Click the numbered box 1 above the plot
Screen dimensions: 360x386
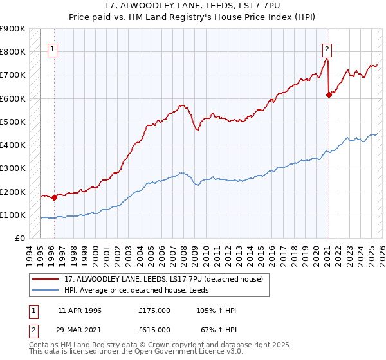click(x=53, y=48)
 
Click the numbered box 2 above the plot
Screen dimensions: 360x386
click(x=327, y=48)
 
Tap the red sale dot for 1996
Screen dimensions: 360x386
click(x=54, y=198)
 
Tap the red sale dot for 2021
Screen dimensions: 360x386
click(x=329, y=94)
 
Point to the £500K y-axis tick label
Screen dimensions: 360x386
click(x=13, y=122)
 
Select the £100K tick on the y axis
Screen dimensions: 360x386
click(x=13, y=215)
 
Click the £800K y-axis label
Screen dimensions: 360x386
click(x=13, y=51)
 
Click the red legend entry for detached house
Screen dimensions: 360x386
click(x=163, y=279)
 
